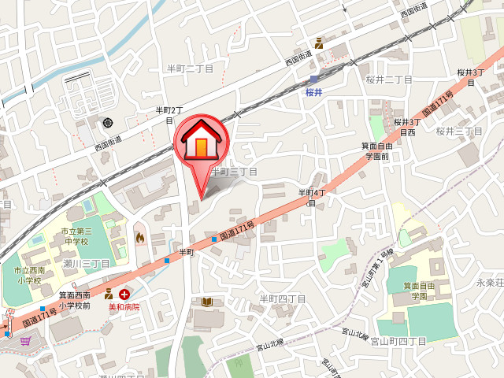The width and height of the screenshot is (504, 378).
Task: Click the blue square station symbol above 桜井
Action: (x=314, y=79)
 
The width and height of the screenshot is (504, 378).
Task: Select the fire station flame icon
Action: (x=140, y=235)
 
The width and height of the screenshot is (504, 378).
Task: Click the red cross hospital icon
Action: (x=124, y=294)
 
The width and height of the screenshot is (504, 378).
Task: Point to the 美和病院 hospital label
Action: (x=124, y=306)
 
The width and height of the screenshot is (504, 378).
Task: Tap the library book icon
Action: (x=206, y=302)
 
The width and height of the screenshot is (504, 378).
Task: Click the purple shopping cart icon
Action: (x=25, y=340)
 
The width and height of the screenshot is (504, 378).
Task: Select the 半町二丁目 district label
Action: (x=187, y=69)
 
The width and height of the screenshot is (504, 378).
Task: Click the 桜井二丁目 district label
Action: (x=388, y=80)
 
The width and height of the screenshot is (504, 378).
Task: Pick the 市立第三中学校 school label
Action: (x=77, y=236)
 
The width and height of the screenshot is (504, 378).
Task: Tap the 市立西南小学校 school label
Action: (x=28, y=274)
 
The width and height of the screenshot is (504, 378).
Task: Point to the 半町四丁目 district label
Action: (x=282, y=298)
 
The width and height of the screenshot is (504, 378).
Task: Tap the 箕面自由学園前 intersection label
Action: (x=376, y=150)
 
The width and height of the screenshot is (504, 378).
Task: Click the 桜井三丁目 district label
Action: (x=458, y=131)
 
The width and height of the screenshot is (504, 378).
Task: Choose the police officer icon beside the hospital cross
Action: (x=109, y=294)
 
